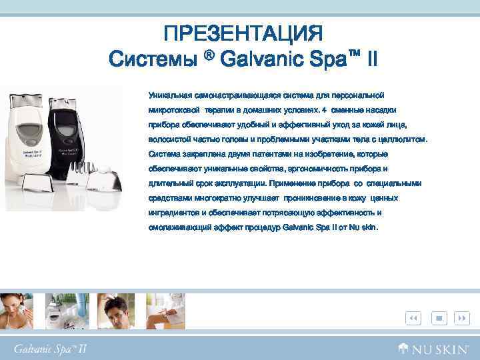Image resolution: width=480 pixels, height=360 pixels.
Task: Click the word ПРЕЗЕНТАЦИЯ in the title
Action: coord(243,33)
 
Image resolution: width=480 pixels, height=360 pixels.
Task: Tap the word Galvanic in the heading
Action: coord(259,59)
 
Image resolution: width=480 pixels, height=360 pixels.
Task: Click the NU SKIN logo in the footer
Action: coord(434,348)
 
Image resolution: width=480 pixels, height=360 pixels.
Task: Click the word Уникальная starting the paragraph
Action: coord(168,95)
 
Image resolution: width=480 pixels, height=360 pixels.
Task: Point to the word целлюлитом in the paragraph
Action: coord(401,139)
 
